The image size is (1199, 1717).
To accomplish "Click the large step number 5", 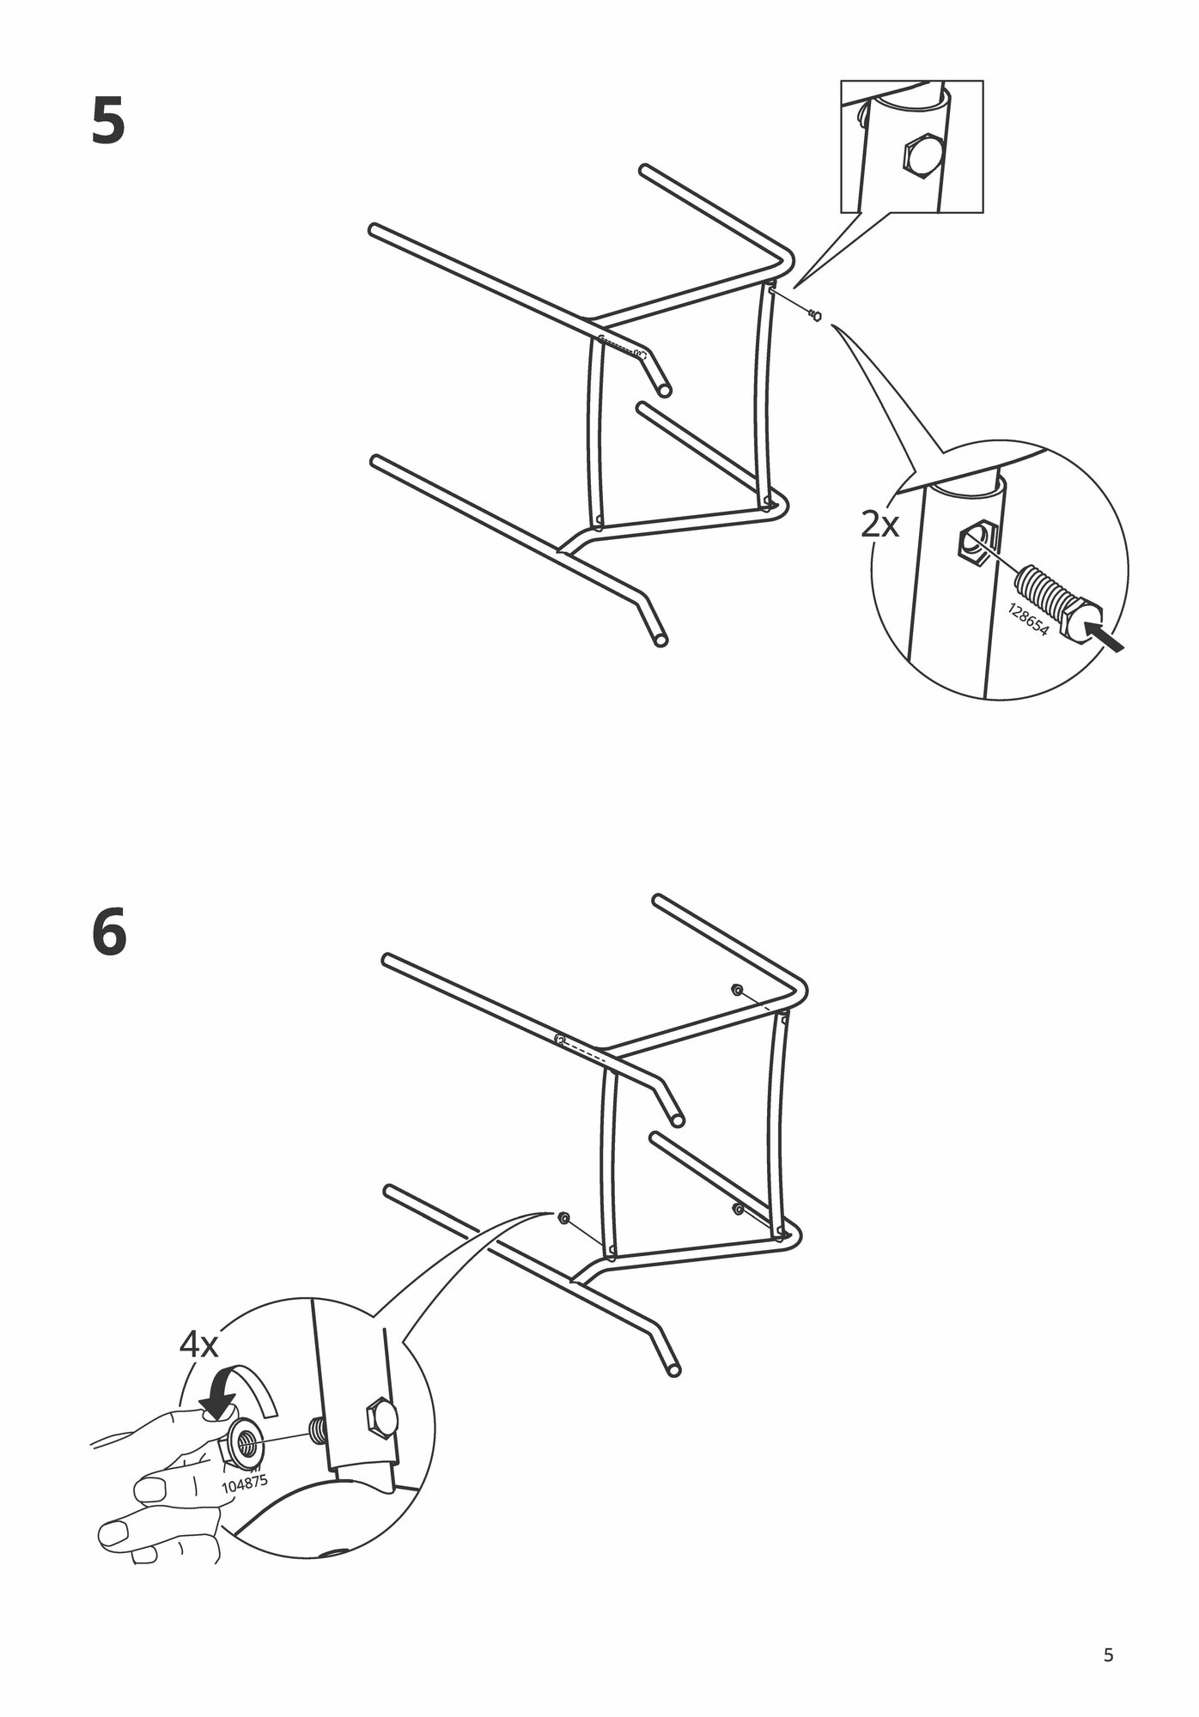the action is [x=108, y=122].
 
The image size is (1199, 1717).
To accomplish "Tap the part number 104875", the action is [x=244, y=1484].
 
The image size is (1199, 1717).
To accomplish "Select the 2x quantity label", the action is [x=879, y=525].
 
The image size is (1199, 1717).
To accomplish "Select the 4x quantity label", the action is [x=198, y=1368].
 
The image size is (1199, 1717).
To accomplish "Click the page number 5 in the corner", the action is [x=1108, y=1655].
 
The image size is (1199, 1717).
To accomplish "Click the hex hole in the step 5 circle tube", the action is [x=974, y=543].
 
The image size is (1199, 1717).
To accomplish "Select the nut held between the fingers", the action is [x=246, y=1447].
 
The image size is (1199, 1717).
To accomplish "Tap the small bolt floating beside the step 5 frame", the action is [x=814, y=315].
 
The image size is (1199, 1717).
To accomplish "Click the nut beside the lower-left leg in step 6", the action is [x=563, y=1218].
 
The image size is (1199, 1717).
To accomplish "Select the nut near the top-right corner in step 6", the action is [x=737, y=990].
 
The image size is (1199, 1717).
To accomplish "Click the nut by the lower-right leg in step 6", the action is [x=737, y=1209].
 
